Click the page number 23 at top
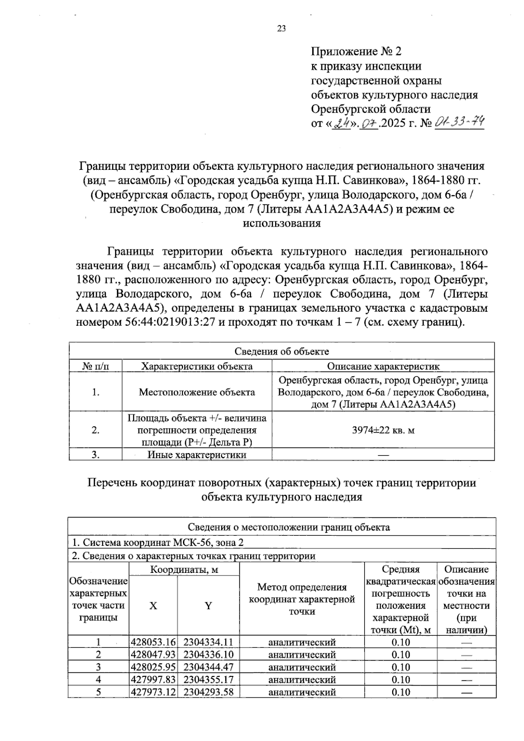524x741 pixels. click(281, 29)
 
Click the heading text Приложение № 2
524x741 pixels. click(356, 52)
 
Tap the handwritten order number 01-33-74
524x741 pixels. click(460, 122)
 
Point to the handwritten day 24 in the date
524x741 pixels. click(342, 124)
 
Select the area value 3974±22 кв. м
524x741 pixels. click(383, 430)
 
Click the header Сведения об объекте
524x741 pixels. click(282, 352)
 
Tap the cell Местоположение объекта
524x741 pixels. click(196, 392)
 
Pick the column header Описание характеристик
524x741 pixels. click(383, 366)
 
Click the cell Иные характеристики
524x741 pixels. click(196, 455)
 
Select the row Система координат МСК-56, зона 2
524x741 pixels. click(158, 542)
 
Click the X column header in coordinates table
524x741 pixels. click(153, 606)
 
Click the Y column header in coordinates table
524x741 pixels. click(208, 606)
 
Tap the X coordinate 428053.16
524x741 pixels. click(153, 642)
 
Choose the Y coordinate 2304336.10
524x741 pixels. click(208, 655)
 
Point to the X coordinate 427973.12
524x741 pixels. click(153, 692)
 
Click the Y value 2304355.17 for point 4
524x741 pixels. click(208, 679)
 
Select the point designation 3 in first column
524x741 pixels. click(98, 667)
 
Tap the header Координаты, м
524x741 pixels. click(184, 570)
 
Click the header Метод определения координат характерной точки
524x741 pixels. click(302, 599)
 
